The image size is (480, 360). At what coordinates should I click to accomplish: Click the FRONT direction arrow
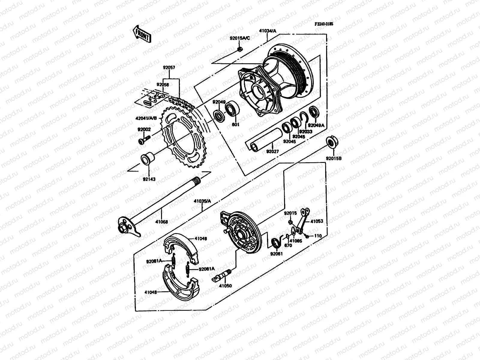click(142, 33)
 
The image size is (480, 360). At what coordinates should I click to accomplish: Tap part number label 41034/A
click(267, 31)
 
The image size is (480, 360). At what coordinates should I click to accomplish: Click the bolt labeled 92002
click(144, 140)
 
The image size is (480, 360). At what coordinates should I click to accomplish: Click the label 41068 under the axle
click(161, 222)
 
